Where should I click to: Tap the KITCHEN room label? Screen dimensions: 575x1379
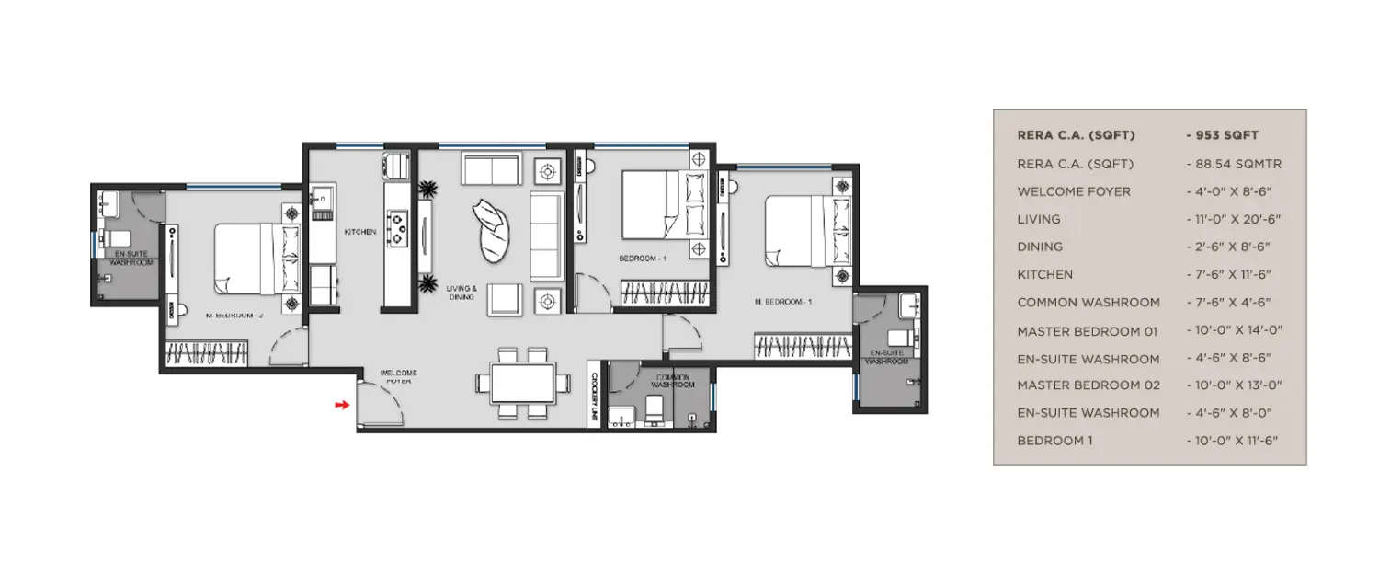(360, 232)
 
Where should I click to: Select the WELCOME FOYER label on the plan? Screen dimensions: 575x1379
(401, 376)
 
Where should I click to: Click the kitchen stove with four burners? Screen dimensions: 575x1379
(398, 229)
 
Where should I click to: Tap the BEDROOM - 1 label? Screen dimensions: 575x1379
(642, 259)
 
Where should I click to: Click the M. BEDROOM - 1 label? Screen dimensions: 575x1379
(783, 301)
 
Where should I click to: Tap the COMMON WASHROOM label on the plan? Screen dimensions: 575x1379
(671, 380)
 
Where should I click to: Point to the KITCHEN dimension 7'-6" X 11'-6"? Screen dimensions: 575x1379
(1233, 274)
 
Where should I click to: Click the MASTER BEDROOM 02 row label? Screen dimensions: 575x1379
(1088, 385)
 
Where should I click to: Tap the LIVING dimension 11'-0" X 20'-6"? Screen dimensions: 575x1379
(1233, 219)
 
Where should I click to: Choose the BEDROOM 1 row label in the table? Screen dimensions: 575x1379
(1054, 441)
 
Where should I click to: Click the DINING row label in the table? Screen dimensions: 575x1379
(1040, 247)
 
